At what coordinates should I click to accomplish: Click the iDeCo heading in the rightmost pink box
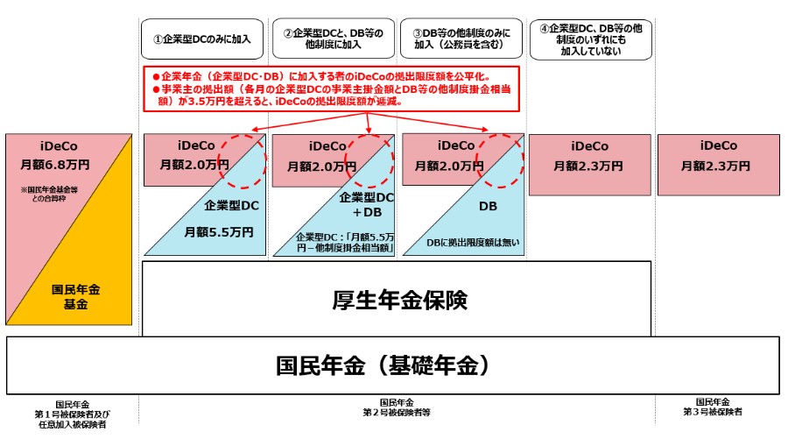point(718,146)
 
